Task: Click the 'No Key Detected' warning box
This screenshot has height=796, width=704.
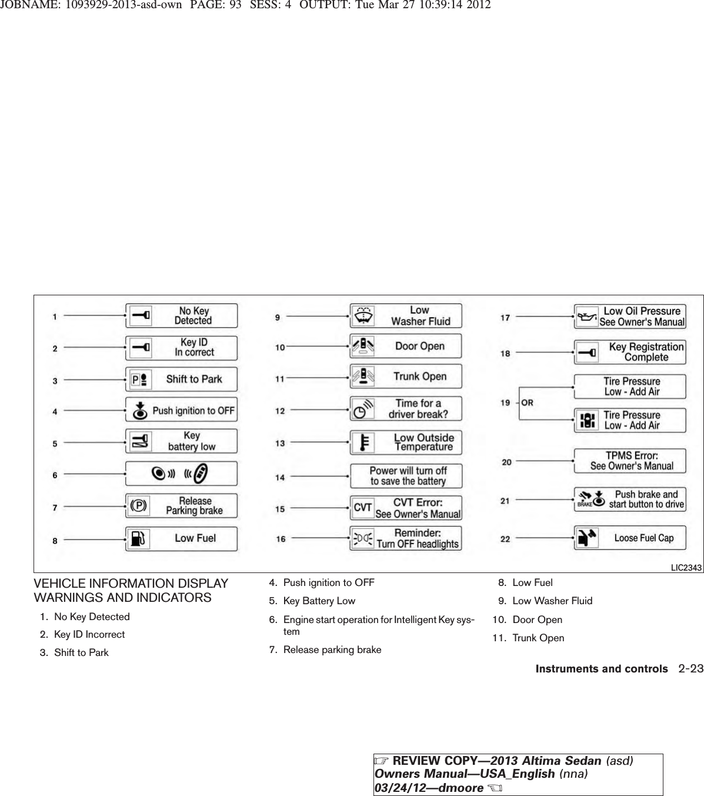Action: click(181, 316)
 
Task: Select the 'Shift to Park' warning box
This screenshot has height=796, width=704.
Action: click(181, 379)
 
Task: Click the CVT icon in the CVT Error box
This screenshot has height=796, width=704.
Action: click(363, 508)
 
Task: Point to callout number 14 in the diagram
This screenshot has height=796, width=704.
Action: click(280, 478)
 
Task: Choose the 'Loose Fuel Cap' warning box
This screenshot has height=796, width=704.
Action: click(630, 538)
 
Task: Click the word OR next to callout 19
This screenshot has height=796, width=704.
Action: click(527, 403)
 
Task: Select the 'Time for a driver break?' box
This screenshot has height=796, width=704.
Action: click(406, 409)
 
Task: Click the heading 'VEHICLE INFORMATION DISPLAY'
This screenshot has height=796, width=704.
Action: click(131, 584)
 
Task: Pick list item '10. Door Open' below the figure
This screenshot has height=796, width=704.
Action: click(528, 620)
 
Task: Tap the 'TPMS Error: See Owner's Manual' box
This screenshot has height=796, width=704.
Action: click(630, 461)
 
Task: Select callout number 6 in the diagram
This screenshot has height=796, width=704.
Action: click(55, 475)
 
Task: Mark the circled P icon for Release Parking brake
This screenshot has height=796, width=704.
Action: click(139, 506)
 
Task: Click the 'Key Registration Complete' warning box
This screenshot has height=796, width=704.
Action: click(630, 352)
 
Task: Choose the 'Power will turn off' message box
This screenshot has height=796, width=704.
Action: click(406, 476)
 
